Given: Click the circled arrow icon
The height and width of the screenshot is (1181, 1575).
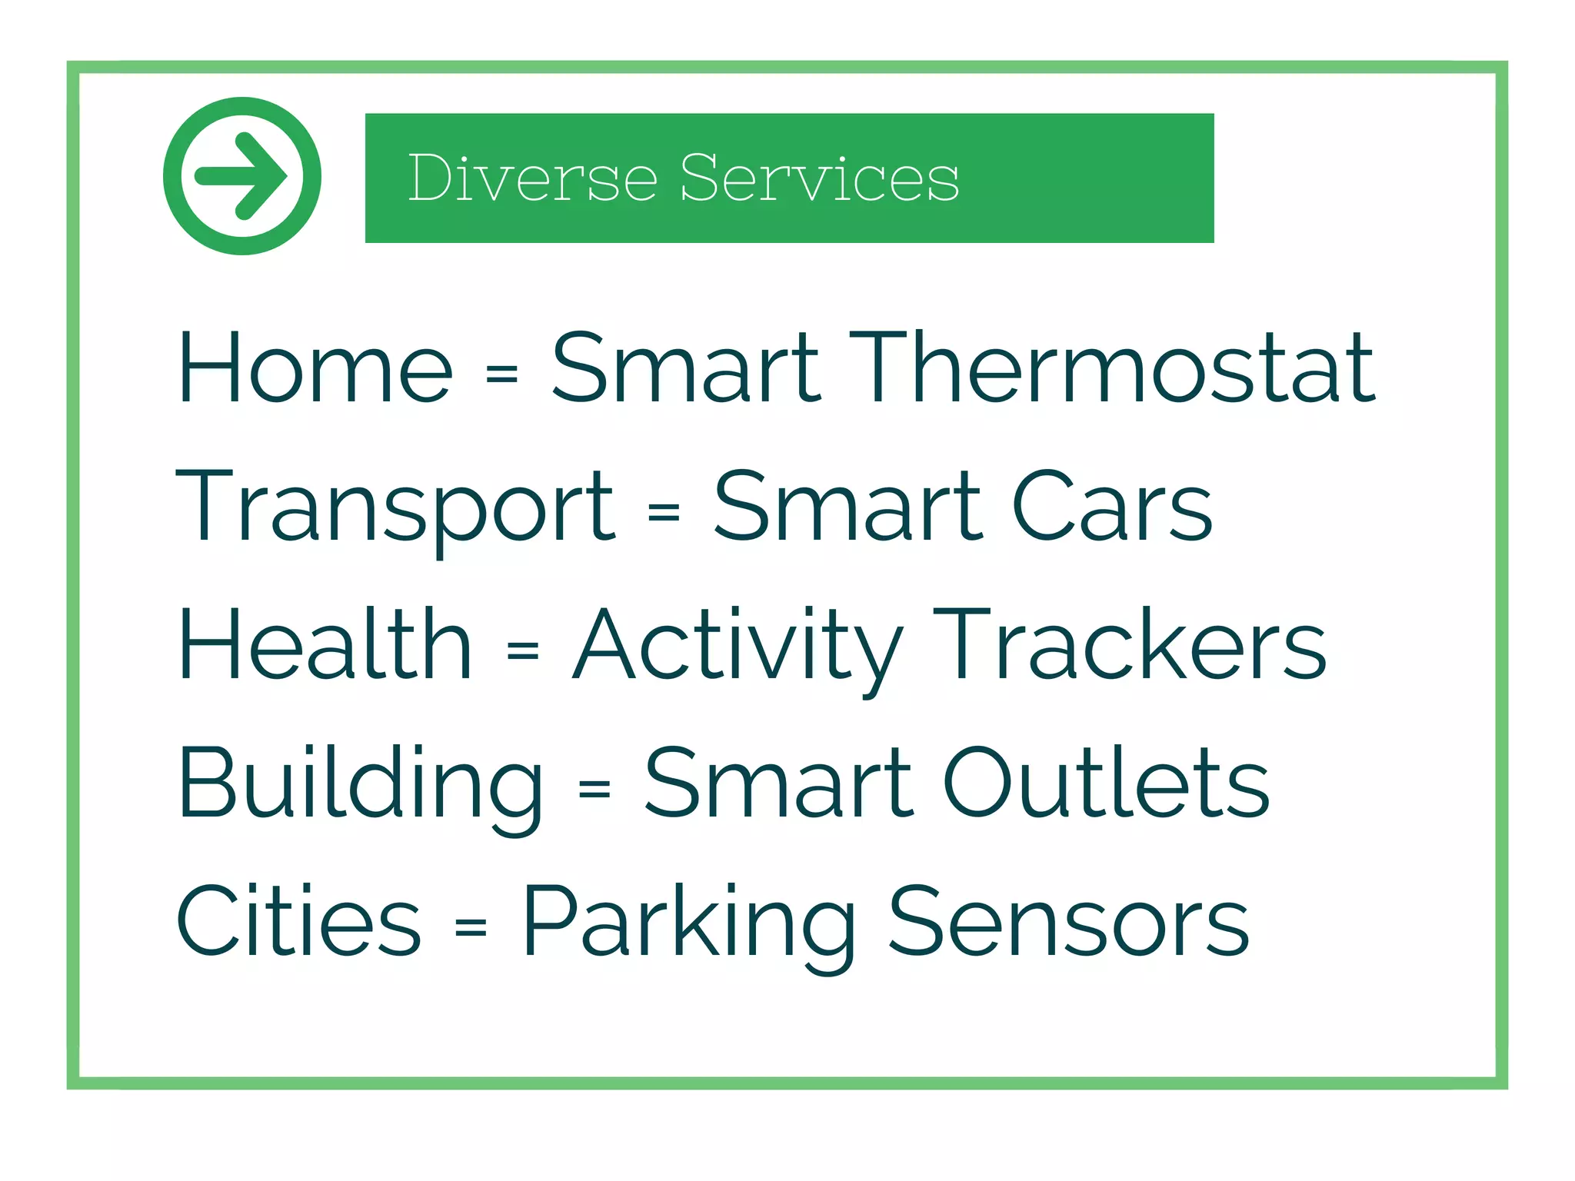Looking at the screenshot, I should tap(242, 176).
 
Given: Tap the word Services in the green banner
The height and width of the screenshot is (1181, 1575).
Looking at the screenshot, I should tap(819, 178).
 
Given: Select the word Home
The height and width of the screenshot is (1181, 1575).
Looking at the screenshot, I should tap(315, 368).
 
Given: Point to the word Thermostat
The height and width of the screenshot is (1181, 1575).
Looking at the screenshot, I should tap(1111, 368).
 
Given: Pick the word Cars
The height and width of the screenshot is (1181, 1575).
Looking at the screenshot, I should tap(1112, 506).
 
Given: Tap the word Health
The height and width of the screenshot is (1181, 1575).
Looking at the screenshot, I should tap(325, 644).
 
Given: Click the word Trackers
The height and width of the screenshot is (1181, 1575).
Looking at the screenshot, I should tap(1129, 644).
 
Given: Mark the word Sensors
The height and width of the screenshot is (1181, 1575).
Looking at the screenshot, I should tap(1068, 921).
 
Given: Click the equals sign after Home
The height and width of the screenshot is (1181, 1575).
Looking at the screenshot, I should tap(502, 374).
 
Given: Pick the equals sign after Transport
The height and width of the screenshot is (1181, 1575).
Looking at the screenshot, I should tap(664, 512).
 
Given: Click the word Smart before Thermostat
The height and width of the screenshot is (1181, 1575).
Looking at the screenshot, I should tap(686, 368).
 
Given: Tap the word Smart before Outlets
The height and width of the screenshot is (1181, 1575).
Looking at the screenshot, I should tap(778, 783).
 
